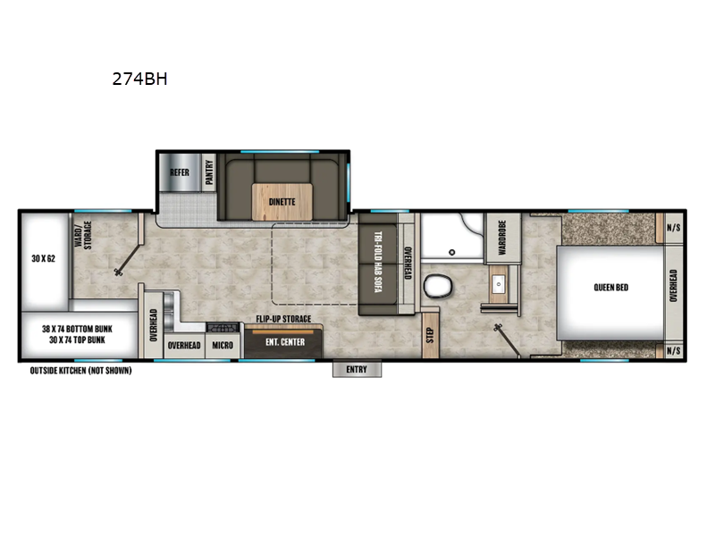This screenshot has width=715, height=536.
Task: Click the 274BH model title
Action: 139,78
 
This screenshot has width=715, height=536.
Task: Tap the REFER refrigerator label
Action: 179,172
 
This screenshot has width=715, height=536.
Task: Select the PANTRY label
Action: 210,172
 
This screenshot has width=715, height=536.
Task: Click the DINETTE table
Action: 282,201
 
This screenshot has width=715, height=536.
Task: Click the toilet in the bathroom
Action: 437,287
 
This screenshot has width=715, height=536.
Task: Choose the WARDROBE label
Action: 502,237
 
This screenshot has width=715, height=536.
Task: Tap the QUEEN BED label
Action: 610,288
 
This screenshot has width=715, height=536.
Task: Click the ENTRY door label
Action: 357,368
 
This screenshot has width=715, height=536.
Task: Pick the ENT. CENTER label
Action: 285,342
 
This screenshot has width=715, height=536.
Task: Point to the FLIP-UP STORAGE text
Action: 283,319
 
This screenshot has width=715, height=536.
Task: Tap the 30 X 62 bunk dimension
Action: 42,258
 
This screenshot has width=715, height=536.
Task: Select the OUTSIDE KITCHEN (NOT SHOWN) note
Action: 80,370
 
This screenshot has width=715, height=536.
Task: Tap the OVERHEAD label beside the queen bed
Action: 673,288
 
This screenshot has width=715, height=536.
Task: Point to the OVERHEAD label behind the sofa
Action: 406,264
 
